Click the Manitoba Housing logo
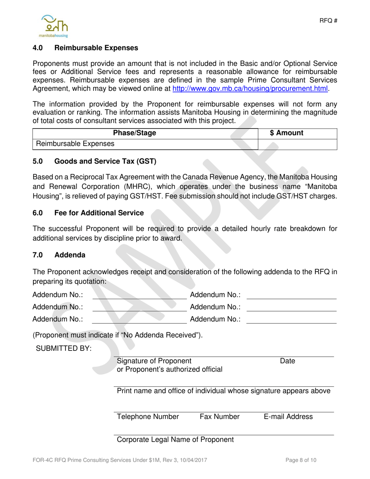click(55, 25)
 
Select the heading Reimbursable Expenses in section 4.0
click(96, 48)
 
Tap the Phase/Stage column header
click(134, 133)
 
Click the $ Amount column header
click(286, 133)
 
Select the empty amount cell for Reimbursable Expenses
click(297, 144)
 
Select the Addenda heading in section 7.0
click(70, 255)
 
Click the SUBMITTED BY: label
click(63, 349)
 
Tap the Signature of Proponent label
click(154, 361)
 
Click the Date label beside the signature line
click(287, 361)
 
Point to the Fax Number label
click(220, 417)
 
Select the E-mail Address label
click(288, 417)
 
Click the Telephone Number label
click(148, 417)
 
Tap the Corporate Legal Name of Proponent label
click(175, 440)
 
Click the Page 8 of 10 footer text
click(301, 460)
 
